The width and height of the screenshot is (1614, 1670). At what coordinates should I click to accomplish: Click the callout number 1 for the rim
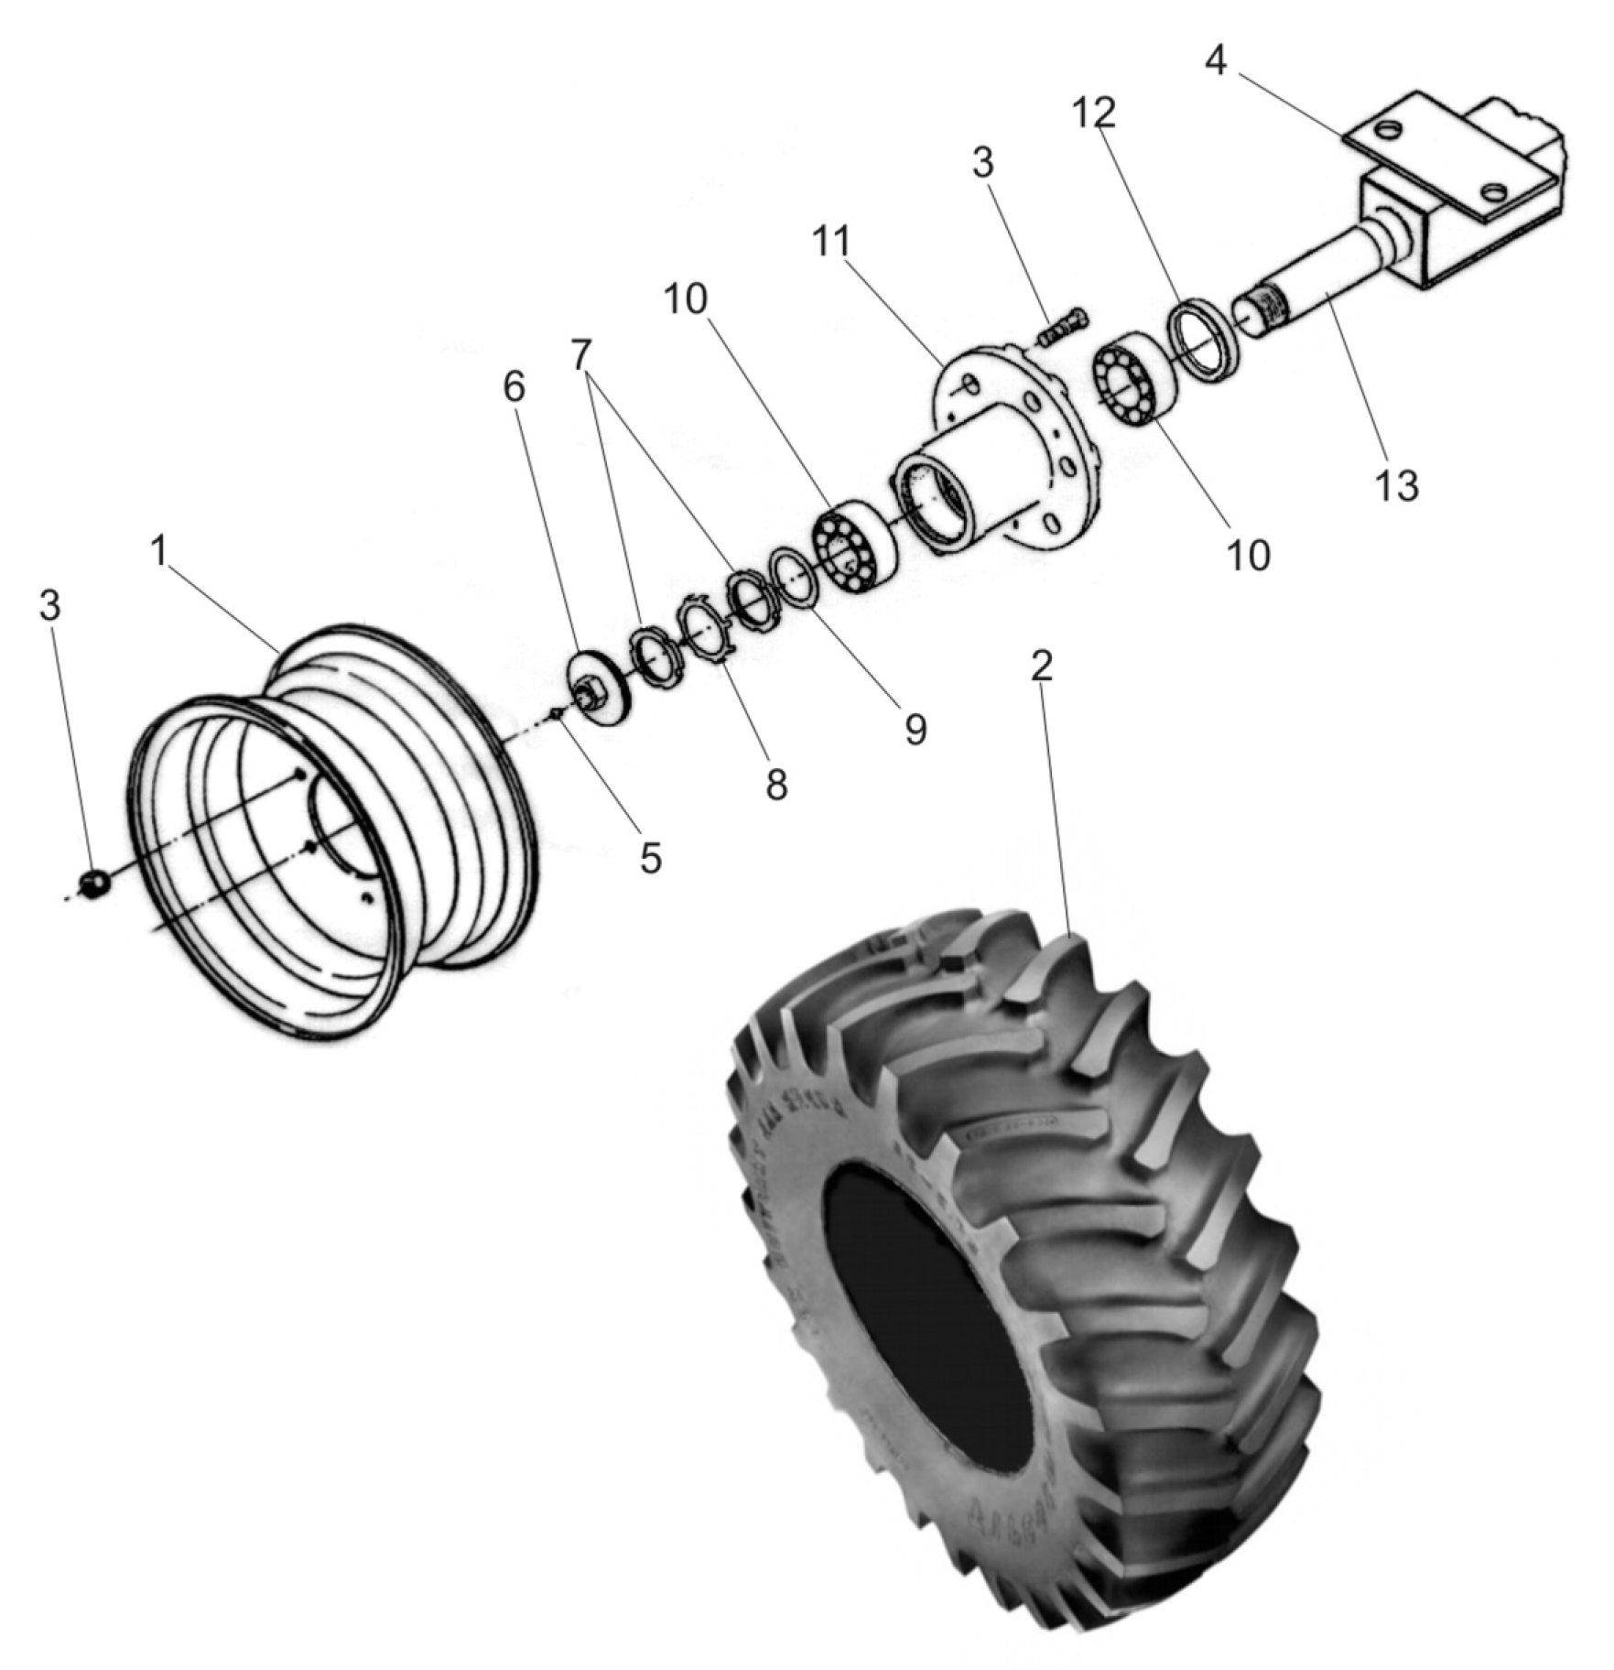click(159, 552)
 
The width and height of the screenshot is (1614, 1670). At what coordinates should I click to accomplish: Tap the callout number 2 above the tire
click(1041, 667)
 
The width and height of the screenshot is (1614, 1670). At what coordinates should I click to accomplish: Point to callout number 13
click(1397, 486)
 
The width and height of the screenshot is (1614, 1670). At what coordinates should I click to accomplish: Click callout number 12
click(1094, 113)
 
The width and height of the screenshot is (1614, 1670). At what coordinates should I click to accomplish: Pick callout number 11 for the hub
click(832, 242)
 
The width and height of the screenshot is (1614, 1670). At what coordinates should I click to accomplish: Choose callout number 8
click(776, 785)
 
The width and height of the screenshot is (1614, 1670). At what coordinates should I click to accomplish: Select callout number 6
click(515, 387)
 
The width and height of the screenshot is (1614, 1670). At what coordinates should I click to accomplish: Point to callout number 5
click(650, 858)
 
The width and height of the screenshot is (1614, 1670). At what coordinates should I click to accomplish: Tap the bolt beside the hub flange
click(1061, 328)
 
